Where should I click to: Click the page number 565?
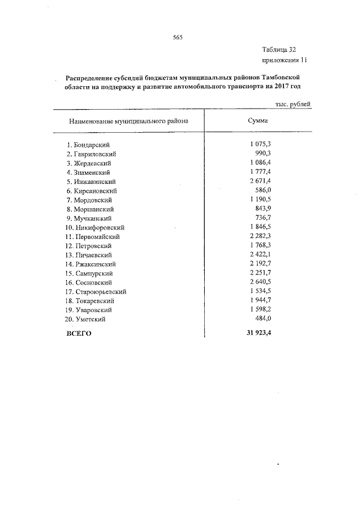(179, 38)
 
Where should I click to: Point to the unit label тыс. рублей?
(293, 103)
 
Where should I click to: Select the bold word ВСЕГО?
(79, 334)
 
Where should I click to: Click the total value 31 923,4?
(259, 333)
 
